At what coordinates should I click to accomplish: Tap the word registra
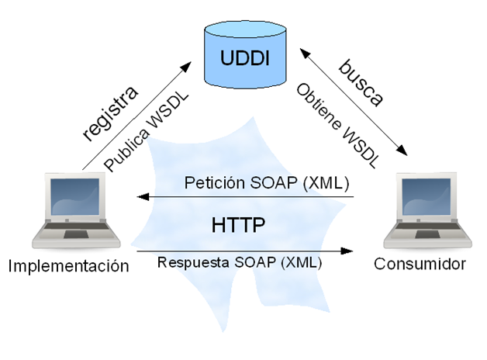[111, 113]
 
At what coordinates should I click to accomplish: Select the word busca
[361, 84]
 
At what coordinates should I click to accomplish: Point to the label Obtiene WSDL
[337, 124]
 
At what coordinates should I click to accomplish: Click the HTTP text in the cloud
[238, 225]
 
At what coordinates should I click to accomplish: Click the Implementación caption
[67, 265]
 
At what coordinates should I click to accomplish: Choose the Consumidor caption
[420, 264]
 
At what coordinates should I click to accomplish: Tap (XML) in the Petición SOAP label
[327, 184]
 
